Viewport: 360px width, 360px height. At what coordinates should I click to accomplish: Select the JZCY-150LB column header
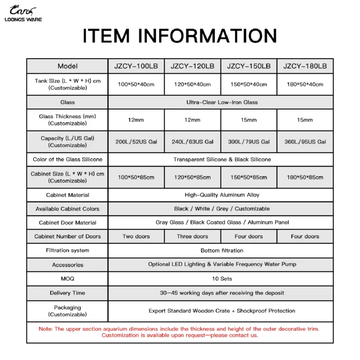(x=248, y=66)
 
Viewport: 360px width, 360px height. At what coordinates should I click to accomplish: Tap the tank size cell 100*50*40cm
(x=136, y=84)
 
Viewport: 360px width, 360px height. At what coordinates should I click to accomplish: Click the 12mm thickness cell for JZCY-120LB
(x=192, y=120)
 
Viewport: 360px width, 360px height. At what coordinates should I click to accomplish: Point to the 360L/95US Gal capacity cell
(x=305, y=141)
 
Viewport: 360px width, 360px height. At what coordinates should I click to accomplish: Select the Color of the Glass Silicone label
(x=67, y=159)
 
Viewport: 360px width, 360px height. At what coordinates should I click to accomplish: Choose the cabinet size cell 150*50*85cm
(x=248, y=177)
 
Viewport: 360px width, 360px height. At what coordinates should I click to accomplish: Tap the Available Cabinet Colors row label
(x=67, y=209)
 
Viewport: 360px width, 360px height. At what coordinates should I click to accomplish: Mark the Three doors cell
(x=192, y=236)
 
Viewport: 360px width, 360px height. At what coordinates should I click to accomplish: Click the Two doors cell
(x=136, y=236)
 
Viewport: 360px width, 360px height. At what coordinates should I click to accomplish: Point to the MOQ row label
(x=67, y=279)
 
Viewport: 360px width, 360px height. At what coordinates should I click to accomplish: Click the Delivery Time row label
(x=67, y=293)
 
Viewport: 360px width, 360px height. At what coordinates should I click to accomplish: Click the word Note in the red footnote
(x=45, y=329)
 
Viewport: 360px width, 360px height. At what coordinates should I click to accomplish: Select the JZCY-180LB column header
(x=305, y=66)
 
